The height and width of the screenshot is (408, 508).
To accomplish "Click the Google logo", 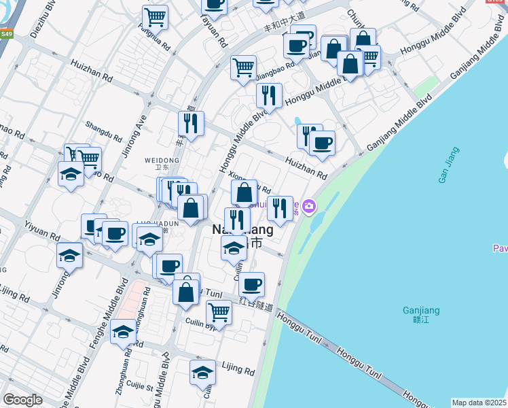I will click(23, 400).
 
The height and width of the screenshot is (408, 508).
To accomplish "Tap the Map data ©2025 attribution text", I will click(479, 403).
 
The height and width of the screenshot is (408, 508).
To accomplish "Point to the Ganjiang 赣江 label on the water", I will click(421, 316).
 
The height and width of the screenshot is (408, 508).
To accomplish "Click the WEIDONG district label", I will click(162, 161).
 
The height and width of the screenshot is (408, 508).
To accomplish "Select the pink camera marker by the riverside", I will click(310, 205).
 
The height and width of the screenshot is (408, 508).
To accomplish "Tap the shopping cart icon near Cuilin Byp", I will click(219, 312).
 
